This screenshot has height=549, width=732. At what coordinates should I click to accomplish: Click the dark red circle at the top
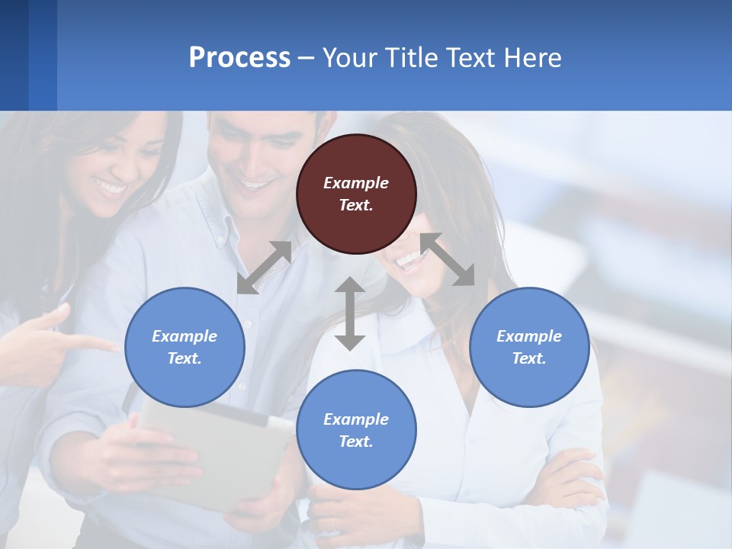coord(356,194)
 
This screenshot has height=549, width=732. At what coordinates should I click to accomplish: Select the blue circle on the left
coord(185,347)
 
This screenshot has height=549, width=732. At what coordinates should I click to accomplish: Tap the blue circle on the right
coord(529,347)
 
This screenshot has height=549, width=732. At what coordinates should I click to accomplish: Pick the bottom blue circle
coord(356,430)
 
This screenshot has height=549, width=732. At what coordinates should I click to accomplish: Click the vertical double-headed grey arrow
coord(350,313)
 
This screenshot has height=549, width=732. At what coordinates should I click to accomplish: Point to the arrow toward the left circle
coord(264,268)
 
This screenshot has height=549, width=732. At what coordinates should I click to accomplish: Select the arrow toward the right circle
coord(448,259)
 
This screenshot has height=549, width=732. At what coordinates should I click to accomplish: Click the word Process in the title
coord(239,58)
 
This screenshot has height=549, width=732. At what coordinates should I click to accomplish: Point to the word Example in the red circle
coord(356,183)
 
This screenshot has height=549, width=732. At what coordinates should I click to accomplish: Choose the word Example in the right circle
coord(529,336)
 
